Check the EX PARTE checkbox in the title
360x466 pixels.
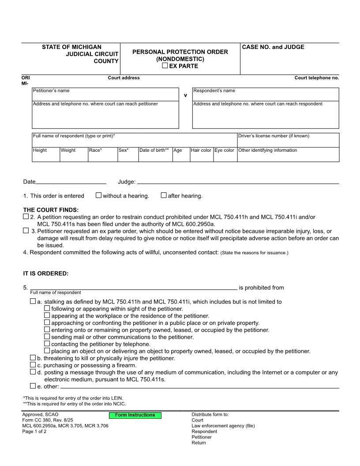165,66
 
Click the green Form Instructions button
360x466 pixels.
135,415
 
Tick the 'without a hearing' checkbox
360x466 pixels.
99,195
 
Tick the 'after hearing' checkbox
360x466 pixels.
164,195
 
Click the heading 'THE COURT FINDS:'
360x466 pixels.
51,210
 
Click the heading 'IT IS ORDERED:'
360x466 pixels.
46,274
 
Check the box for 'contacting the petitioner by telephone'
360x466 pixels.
47,344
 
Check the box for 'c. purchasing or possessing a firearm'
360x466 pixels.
33,365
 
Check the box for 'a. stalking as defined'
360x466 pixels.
33,301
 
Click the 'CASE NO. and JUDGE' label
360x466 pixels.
273,47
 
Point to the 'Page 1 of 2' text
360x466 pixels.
34,432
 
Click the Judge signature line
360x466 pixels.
238,181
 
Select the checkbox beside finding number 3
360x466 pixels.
26,231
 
